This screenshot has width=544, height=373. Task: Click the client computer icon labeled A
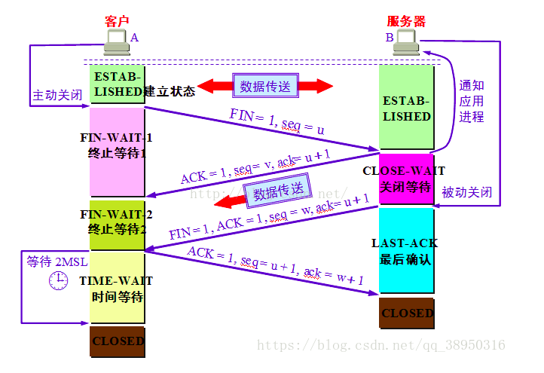pyautogui.click(x=117, y=42)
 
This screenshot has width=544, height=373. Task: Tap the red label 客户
pyautogui.click(x=117, y=21)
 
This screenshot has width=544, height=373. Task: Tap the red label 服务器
pyautogui.click(x=405, y=21)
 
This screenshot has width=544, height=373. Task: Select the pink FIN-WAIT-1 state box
pyautogui.click(x=116, y=151)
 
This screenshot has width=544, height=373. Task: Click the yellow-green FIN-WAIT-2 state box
pyautogui.click(x=116, y=225)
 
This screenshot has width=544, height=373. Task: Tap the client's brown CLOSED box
pyautogui.click(x=117, y=341)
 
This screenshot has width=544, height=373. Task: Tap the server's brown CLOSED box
pyautogui.click(x=407, y=313)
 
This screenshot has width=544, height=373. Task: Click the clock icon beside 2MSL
pyautogui.click(x=58, y=281)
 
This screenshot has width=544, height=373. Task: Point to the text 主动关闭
pyautogui.click(x=57, y=96)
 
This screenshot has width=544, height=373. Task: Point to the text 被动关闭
pyautogui.click(x=467, y=192)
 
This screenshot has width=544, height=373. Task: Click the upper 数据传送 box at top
pyautogui.click(x=264, y=86)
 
